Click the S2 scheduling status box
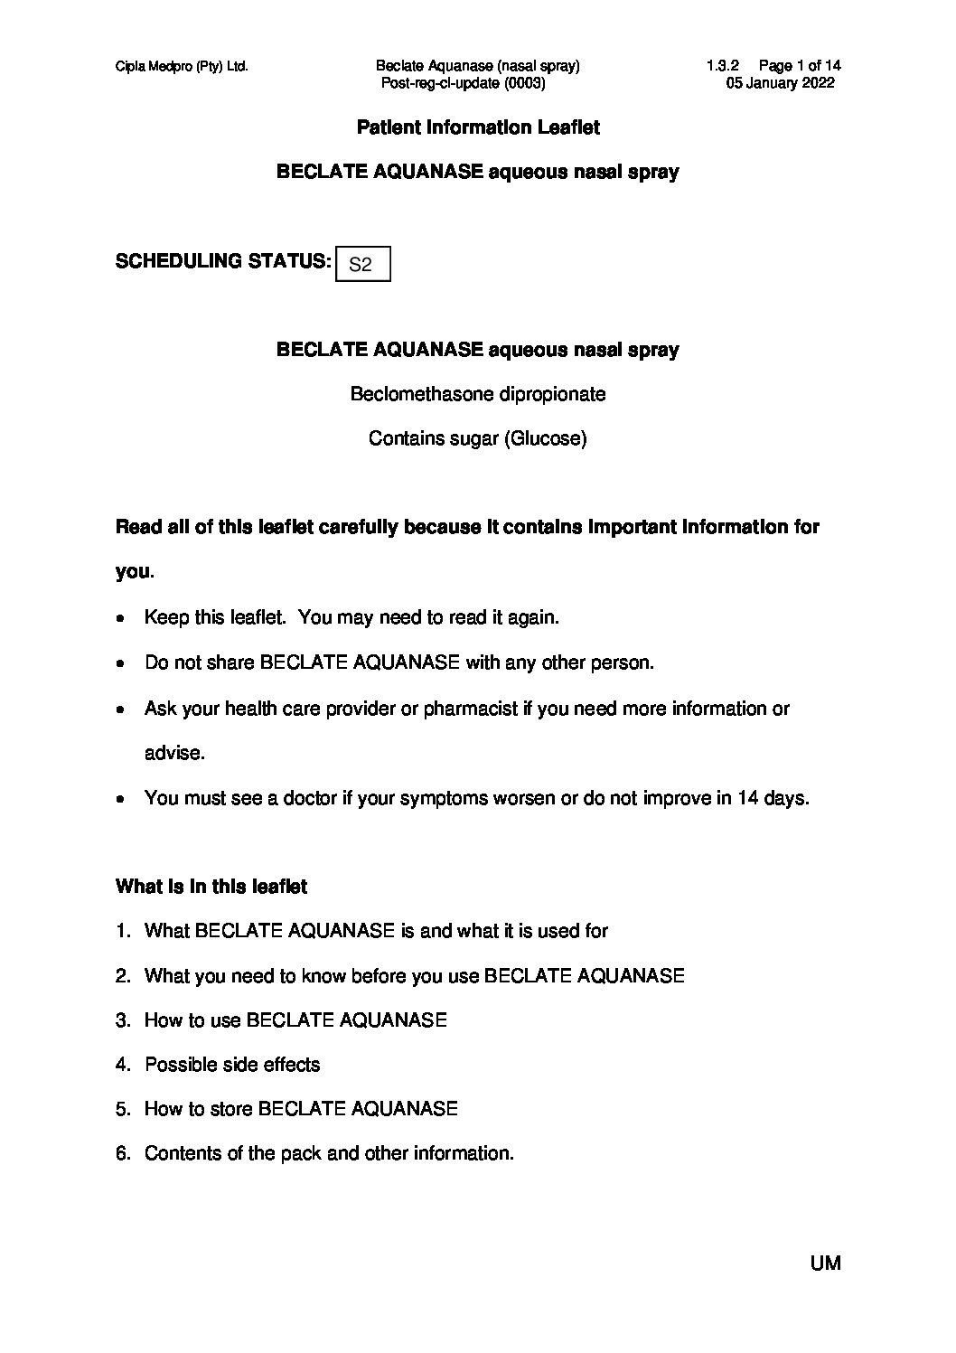(361, 264)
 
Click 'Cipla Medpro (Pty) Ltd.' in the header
(182, 66)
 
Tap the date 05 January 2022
(780, 83)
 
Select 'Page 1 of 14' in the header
(800, 66)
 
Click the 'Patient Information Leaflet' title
(478, 127)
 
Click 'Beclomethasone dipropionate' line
(478, 394)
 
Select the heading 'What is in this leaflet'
(211, 887)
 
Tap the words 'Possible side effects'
(232, 1065)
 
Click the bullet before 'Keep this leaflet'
(121, 619)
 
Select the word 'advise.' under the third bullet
(174, 753)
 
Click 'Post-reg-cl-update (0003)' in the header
(464, 83)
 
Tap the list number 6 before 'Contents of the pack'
(122, 1153)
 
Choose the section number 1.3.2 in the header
(723, 66)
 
